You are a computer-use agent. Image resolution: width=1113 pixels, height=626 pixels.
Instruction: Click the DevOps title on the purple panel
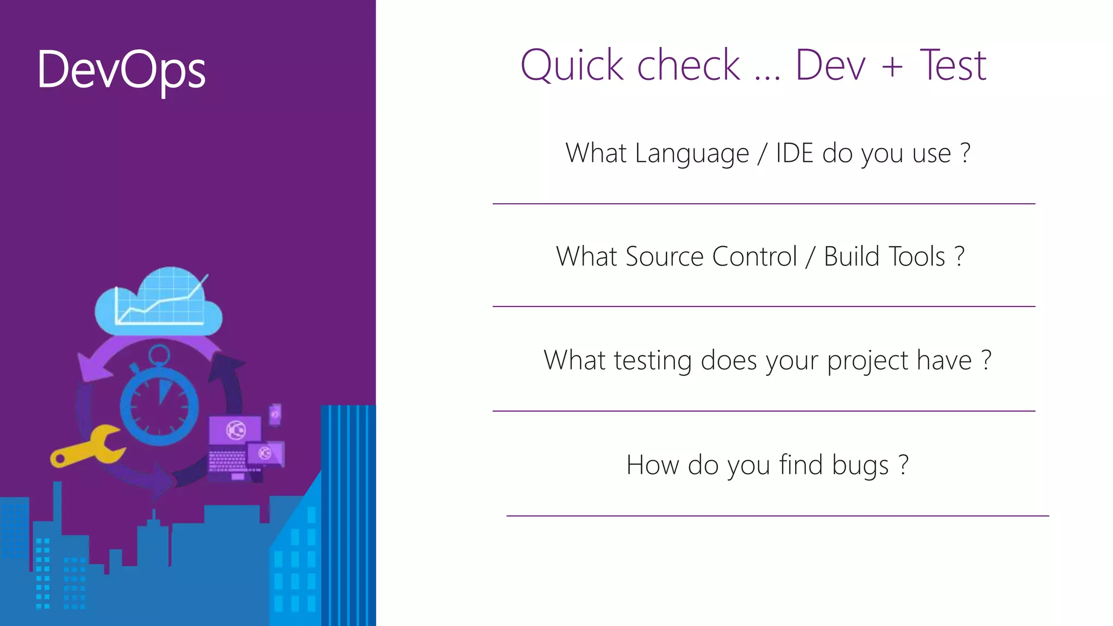tap(121, 70)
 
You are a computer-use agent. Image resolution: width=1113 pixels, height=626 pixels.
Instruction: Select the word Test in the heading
tap(953, 65)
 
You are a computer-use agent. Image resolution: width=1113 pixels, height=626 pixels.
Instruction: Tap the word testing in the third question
tap(653, 361)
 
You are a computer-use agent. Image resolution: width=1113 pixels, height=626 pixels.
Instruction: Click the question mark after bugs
tap(903, 465)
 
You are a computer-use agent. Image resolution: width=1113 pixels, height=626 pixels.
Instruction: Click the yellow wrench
tap(87, 446)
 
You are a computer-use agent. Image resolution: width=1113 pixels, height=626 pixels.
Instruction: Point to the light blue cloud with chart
tap(158, 302)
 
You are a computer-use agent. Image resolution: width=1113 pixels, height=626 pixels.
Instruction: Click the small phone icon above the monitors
tap(276, 415)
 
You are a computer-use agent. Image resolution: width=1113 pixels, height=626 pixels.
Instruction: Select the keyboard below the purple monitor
tap(227, 461)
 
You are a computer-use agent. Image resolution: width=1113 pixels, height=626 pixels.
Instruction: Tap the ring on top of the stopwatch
tap(159, 355)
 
